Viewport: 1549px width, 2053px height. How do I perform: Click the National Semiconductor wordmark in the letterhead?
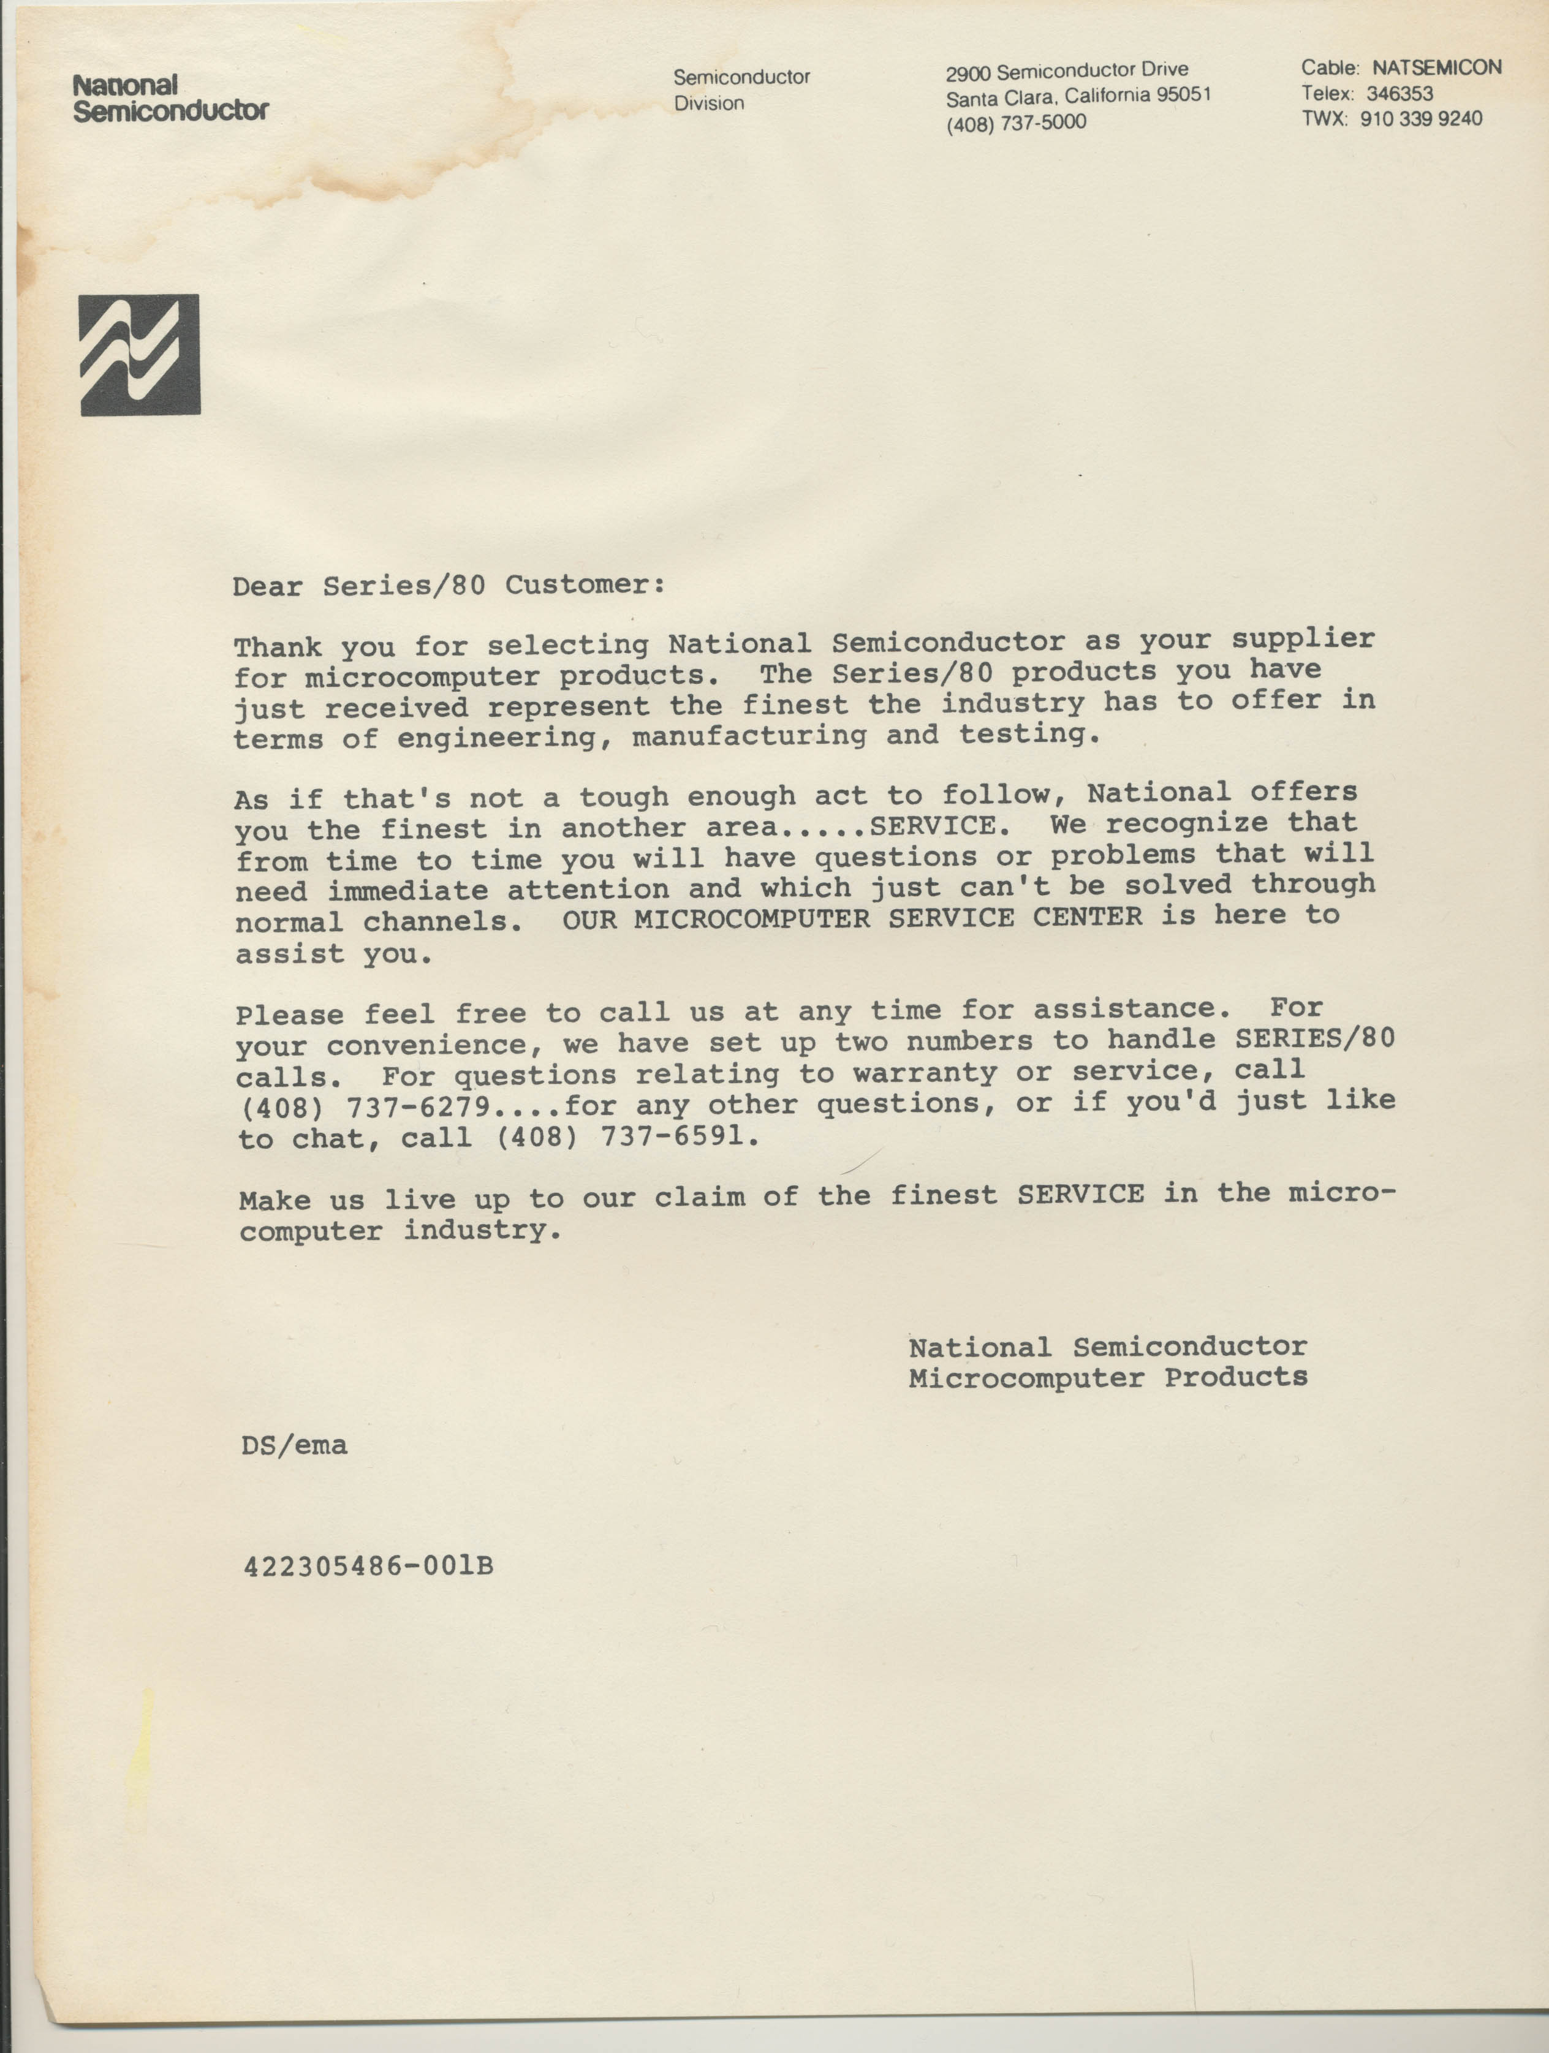coord(171,99)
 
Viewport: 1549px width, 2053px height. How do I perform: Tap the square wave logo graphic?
coord(140,355)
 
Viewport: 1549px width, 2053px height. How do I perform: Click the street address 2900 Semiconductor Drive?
coord(1066,70)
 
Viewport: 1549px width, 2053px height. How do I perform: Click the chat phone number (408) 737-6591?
coord(627,1137)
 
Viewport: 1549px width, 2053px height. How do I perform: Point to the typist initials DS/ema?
coord(294,1445)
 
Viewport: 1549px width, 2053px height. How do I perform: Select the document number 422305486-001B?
coord(368,1567)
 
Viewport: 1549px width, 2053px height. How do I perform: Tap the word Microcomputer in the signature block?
coord(1026,1378)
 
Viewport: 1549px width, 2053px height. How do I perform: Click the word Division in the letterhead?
coord(709,103)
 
